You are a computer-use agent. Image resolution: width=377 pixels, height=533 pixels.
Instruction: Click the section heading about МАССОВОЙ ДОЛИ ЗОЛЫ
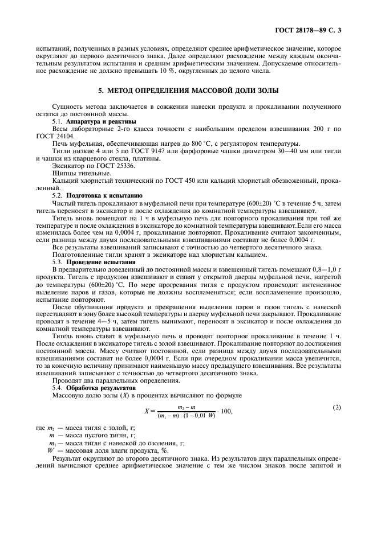(188, 91)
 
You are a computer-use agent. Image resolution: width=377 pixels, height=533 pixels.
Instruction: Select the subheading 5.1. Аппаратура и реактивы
(94, 121)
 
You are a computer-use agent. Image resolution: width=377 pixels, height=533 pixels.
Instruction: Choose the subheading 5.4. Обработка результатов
(94, 388)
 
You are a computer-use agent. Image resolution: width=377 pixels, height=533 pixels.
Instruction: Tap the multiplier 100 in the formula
(225, 411)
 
